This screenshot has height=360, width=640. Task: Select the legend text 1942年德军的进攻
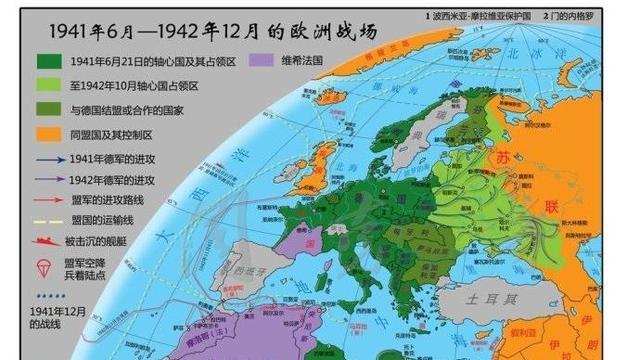114,180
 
